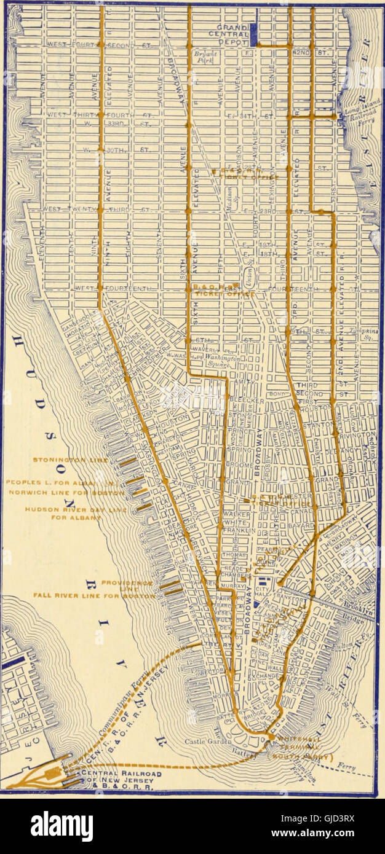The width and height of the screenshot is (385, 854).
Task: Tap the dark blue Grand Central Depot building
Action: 253,36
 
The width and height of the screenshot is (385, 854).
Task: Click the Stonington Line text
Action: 62,460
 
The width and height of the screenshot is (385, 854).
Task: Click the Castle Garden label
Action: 208,742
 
